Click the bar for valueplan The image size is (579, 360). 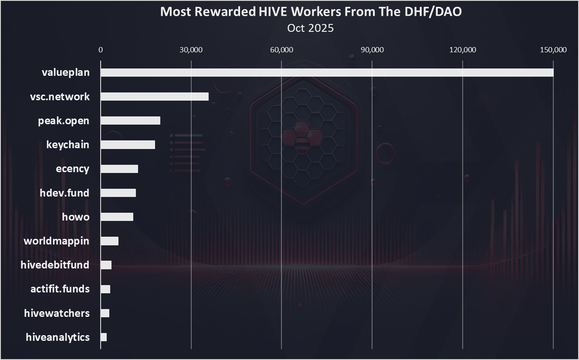(x=327, y=72)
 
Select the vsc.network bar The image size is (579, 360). (x=155, y=97)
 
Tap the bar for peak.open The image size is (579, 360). (x=130, y=121)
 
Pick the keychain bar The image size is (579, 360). (x=128, y=145)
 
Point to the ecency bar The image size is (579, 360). (x=119, y=169)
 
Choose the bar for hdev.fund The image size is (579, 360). (x=118, y=193)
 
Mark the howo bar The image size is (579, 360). (x=117, y=217)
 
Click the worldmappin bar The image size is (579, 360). (x=109, y=241)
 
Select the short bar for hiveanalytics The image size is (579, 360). (x=104, y=337)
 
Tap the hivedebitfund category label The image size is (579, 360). (x=55, y=265)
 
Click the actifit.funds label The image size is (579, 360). (x=60, y=289)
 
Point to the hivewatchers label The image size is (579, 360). (x=57, y=313)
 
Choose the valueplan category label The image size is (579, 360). (x=66, y=72)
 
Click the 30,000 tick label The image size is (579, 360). (x=191, y=50)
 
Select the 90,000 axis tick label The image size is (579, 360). (x=372, y=50)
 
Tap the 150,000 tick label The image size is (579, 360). (x=553, y=50)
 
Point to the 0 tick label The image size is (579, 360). (x=101, y=50)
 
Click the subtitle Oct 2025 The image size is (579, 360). (x=310, y=28)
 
